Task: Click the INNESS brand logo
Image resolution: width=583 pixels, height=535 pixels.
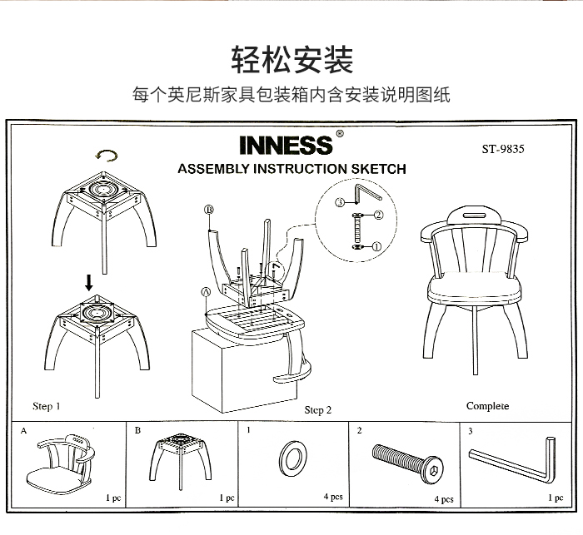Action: (287, 145)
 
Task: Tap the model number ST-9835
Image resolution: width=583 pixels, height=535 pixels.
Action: (503, 149)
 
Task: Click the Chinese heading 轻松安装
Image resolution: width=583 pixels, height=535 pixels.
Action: (292, 59)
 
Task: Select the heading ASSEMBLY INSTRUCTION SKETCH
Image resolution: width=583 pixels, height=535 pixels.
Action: (291, 169)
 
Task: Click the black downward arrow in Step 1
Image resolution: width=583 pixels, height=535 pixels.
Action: (89, 282)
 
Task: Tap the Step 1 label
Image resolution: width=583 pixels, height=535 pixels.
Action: (46, 406)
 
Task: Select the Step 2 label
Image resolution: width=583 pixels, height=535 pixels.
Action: (318, 410)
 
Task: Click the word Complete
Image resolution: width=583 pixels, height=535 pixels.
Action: (487, 406)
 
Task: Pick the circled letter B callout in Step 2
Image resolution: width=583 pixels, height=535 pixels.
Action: (209, 210)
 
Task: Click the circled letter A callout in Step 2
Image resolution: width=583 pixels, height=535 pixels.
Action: (206, 292)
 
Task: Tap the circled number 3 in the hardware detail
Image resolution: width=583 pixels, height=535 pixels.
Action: (340, 202)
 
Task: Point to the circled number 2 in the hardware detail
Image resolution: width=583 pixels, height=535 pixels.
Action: (378, 215)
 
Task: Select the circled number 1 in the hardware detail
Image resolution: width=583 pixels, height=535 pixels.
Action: (376, 246)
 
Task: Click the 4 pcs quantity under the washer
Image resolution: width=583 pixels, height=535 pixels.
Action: (333, 497)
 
